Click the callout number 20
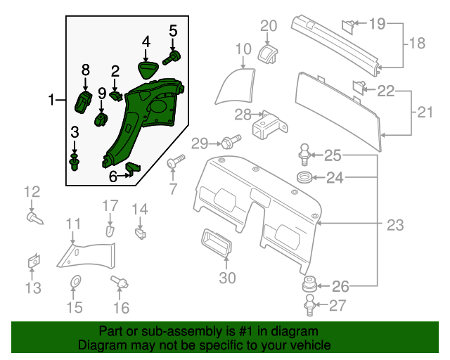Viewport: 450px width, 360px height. [269, 26]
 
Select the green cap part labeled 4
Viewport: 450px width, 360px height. [147, 70]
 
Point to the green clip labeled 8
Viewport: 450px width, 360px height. [84, 101]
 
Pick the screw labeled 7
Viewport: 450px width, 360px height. [175, 162]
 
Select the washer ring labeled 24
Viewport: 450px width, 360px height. [305, 176]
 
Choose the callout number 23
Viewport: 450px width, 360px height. [395, 225]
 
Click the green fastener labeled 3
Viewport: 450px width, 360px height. [75, 163]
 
